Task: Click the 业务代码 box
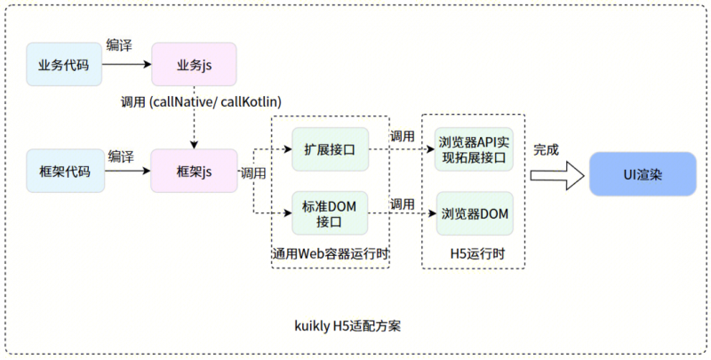64,64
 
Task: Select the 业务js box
194,64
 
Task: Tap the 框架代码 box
65,171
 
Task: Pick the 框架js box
194,171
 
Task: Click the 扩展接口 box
330,149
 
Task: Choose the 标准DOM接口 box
330,213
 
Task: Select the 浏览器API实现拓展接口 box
474,149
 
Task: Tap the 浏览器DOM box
475,213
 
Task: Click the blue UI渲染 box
643,174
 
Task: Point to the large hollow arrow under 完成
558,175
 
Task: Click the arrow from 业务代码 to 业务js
126,64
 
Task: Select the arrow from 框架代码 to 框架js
127,171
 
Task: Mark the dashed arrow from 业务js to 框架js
194,117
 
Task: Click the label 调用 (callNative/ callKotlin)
202,102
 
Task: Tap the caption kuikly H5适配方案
348,326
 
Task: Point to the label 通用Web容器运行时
331,253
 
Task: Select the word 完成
546,150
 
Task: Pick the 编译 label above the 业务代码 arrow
119,45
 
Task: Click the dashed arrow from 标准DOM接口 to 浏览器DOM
399,213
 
